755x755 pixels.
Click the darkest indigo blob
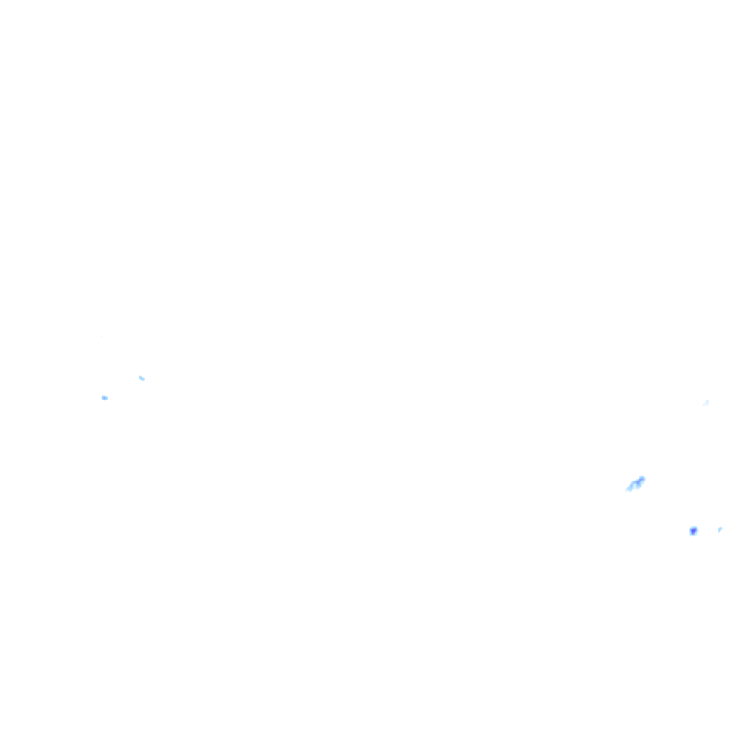click(693, 531)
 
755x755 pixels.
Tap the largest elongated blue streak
click(636, 484)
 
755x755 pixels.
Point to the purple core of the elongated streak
click(641, 480)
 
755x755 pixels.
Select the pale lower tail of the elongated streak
click(630, 488)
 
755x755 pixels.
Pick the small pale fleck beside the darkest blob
click(720, 529)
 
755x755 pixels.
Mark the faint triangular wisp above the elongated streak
click(706, 403)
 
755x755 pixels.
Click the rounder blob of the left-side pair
click(105, 397)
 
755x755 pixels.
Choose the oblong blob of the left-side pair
click(142, 378)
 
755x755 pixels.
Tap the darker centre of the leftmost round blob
click(104, 397)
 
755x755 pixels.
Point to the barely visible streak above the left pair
click(101, 337)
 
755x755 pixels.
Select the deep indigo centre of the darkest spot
click(693, 531)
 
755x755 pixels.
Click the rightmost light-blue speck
click(720, 529)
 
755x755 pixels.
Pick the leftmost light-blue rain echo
click(105, 397)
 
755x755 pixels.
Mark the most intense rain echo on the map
click(693, 531)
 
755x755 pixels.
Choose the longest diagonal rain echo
click(636, 484)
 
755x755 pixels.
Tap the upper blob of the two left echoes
click(142, 378)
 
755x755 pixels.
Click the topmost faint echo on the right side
click(706, 403)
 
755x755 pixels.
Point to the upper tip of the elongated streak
click(643, 478)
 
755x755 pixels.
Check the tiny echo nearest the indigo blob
click(720, 529)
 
